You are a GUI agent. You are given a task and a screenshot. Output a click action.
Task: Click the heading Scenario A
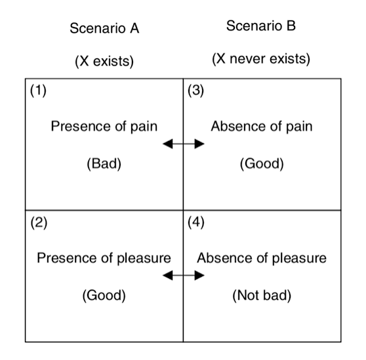104,28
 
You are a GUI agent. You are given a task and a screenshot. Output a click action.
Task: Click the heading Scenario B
261,26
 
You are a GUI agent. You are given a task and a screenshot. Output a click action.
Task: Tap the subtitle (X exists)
104,62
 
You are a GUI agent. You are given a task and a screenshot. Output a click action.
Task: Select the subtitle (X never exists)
261,59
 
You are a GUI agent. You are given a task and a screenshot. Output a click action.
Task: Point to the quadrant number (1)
38,90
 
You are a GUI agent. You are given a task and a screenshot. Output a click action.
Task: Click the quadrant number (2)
39,222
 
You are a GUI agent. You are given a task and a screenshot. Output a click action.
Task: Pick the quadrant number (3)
196,90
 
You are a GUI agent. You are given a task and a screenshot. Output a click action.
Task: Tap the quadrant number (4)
196,222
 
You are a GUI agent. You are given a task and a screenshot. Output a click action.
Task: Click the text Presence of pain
104,127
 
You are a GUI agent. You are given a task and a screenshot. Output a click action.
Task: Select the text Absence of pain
262,127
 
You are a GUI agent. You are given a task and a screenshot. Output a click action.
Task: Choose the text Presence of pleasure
104,258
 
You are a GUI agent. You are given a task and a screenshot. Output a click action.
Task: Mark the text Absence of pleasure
262,258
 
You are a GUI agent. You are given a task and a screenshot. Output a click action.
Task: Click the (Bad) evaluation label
104,164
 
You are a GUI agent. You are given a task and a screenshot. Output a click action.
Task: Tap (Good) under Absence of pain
262,164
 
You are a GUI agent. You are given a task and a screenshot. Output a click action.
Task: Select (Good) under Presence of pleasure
104,296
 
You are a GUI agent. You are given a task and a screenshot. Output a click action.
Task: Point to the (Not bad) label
262,296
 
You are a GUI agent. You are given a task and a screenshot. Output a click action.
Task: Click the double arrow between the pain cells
184,144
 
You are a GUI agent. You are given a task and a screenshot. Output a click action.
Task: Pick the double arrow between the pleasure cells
184,275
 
